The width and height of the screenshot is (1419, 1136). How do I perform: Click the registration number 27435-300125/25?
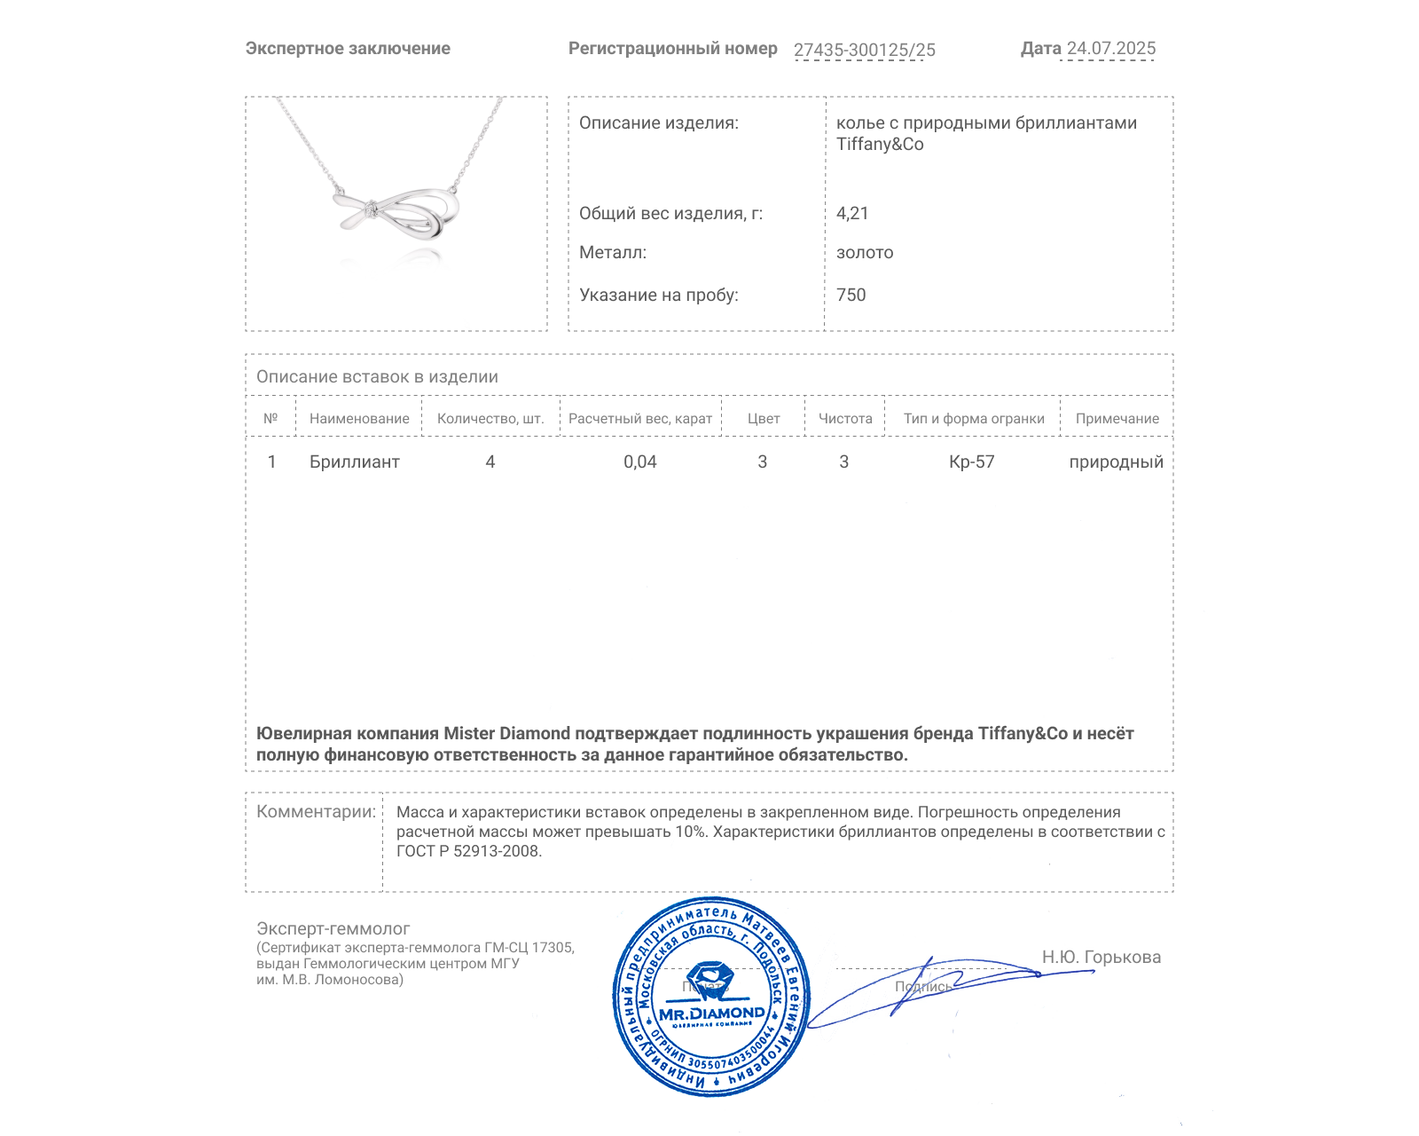(864, 50)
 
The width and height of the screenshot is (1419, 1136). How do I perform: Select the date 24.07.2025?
(1110, 49)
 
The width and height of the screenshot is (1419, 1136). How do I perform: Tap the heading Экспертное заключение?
(348, 49)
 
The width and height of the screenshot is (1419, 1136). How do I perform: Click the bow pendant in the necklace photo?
(396, 213)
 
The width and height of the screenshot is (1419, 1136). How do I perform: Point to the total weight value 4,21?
(852, 213)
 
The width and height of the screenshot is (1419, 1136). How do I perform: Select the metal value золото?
(865, 253)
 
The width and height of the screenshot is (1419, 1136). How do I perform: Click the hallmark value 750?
(851, 295)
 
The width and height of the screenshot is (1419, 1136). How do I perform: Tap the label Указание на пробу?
(658, 295)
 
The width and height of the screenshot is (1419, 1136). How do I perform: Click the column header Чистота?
(845, 419)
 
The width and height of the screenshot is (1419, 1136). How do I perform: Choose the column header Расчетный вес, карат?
(640, 419)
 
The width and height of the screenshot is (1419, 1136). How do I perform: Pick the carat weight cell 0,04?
(640, 461)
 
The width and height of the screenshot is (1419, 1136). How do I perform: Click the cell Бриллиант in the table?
(355, 461)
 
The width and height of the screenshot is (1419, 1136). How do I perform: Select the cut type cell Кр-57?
(972, 461)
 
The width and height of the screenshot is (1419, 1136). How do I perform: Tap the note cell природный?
(1116, 461)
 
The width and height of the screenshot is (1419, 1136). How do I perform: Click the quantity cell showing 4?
(490, 461)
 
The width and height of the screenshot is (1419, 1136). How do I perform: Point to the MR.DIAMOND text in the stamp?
(712, 1014)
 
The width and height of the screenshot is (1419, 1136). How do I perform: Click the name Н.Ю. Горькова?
(1101, 957)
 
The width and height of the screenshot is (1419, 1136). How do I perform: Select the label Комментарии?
(316, 811)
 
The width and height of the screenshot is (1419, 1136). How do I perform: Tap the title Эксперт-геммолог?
(333, 928)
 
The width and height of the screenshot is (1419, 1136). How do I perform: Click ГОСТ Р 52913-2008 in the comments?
(467, 851)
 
